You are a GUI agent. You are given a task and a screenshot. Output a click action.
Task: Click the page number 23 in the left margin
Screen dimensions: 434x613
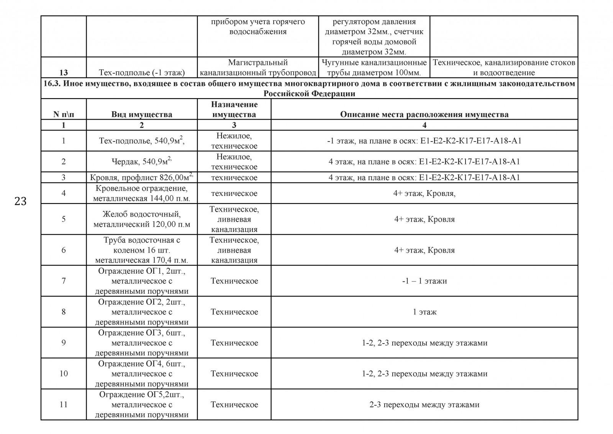point(20,201)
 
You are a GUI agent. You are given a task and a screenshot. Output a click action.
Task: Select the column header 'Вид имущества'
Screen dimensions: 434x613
point(142,114)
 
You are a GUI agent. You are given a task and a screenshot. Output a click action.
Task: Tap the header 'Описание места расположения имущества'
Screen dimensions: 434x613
point(424,114)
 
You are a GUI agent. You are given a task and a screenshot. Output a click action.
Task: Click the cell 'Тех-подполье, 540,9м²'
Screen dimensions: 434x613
point(142,141)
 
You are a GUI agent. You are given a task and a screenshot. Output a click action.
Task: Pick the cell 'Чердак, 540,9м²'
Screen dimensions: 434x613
point(142,161)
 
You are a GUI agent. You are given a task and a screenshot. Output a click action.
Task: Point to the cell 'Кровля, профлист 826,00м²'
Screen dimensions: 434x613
point(142,178)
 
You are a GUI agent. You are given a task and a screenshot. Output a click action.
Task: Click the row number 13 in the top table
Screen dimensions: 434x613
point(64,72)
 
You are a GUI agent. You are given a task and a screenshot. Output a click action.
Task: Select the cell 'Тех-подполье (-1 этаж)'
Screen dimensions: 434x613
point(142,72)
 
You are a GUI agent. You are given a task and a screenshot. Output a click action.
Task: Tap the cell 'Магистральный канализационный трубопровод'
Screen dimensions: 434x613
point(258,67)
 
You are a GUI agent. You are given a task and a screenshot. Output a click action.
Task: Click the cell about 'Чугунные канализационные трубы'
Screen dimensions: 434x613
point(374,67)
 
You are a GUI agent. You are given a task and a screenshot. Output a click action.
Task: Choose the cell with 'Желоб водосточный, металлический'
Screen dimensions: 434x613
point(142,219)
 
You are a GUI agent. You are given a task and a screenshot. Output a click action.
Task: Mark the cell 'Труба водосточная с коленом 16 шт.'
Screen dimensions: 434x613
point(142,250)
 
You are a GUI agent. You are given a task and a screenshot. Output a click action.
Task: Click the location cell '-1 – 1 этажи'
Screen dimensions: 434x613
point(424,281)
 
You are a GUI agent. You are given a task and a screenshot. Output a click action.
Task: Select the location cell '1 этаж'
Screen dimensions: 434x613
point(424,312)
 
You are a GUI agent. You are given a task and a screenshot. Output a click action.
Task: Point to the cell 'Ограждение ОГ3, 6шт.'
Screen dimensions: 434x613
point(142,343)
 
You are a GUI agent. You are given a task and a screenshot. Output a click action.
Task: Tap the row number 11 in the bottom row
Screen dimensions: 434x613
point(64,404)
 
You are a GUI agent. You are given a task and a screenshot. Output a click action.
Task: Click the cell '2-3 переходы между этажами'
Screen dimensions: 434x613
point(424,404)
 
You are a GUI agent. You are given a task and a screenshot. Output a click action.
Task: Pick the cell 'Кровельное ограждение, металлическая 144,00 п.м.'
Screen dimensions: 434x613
point(142,193)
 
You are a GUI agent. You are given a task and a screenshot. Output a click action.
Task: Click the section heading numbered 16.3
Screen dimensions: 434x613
point(309,89)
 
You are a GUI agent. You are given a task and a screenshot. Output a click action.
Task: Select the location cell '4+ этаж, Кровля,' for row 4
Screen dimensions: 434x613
point(424,193)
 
